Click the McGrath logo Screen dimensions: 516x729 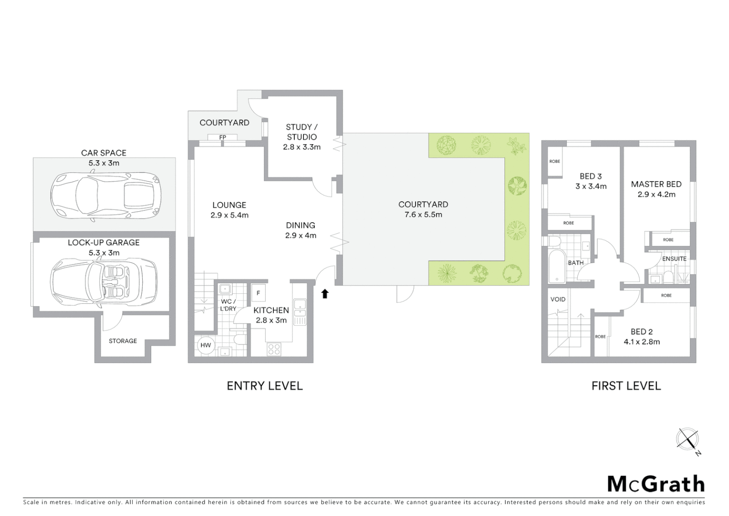(x=656, y=484)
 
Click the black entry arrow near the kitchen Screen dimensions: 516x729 (x=325, y=294)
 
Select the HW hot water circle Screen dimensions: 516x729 (x=206, y=345)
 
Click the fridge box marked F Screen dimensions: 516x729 (x=258, y=293)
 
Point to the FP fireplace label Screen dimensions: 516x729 (x=222, y=138)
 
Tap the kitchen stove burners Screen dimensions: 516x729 (x=274, y=349)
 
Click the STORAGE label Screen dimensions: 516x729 (x=123, y=341)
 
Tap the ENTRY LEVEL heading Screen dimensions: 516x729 (x=264, y=386)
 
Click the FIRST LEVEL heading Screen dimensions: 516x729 (x=626, y=386)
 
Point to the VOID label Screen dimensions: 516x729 (x=558, y=300)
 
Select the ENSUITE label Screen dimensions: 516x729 (x=674, y=258)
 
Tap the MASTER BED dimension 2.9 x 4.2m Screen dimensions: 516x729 (x=656, y=194)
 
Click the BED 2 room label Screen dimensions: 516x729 (x=641, y=332)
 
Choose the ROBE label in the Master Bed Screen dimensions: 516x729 (x=668, y=239)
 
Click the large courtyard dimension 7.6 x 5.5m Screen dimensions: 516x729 (x=423, y=215)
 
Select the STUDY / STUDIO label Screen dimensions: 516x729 (x=302, y=132)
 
